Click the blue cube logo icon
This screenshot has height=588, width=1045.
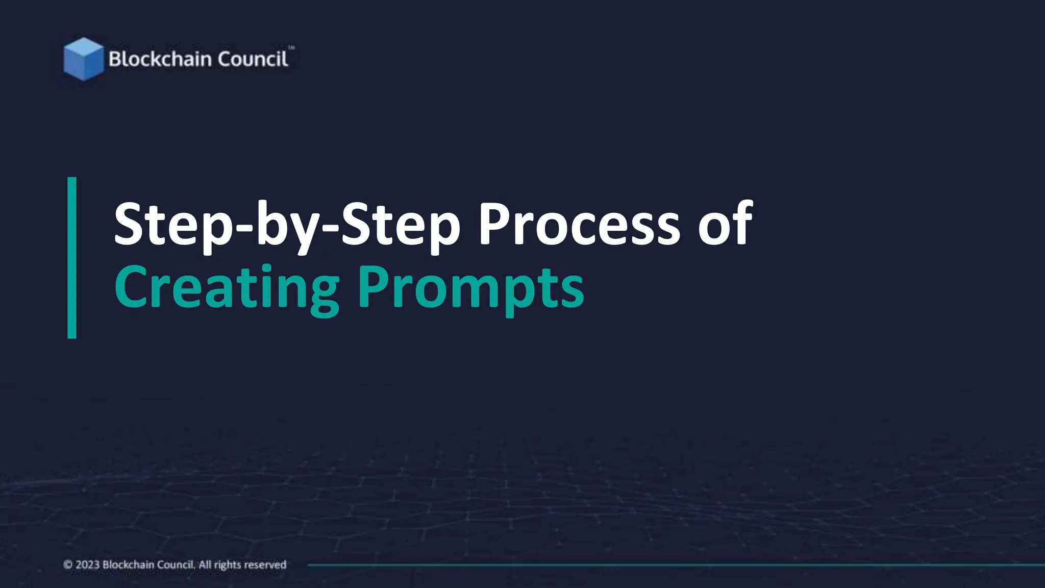[x=83, y=59]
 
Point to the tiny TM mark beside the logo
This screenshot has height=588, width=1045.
[x=291, y=48]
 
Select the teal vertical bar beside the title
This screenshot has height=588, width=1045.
[x=72, y=258]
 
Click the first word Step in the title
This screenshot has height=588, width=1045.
[x=173, y=225]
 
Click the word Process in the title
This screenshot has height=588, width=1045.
[x=579, y=225]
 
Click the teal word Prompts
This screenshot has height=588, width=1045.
[x=470, y=288]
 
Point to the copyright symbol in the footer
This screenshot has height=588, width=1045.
[x=68, y=565]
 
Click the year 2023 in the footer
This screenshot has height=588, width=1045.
[x=87, y=565]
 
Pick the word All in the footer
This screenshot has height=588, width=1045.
[x=205, y=565]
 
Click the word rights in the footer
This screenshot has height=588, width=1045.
[x=228, y=565]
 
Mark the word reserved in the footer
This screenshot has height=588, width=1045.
[x=265, y=565]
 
